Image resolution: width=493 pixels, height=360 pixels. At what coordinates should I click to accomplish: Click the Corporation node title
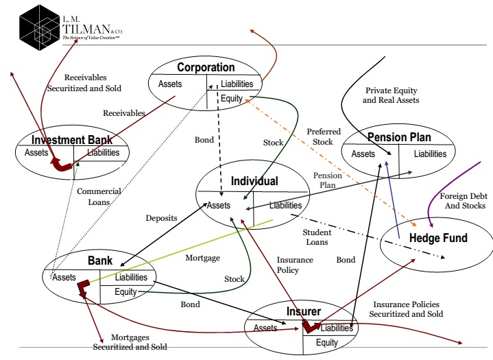pyautogui.click(x=206, y=67)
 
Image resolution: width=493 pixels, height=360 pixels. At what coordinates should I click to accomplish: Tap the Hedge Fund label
pyautogui.click(x=438, y=238)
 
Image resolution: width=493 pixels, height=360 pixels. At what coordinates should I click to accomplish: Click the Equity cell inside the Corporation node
pyautogui.click(x=231, y=98)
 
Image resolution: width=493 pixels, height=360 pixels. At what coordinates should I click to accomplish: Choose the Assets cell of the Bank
pyautogui.click(x=63, y=277)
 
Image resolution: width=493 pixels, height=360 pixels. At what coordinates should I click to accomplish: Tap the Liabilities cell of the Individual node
pyautogui.click(x=285, y=205)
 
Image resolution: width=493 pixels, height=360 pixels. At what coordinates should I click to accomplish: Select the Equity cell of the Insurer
pyautogui.click(x=326, y=342)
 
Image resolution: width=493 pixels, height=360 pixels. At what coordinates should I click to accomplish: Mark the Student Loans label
pyautogui.click(x=316, y=237)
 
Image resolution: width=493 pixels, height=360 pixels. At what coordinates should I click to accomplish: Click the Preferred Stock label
pyautogui.click(x=319, y=136)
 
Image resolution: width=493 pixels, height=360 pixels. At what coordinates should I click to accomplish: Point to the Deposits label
pyautogui.click(x=161, y=218)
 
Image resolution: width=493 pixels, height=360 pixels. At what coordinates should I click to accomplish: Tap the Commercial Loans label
pyautogui.click(x=99, y=196)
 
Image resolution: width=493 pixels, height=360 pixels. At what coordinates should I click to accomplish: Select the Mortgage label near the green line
pyautogui.click(x=202, y=259)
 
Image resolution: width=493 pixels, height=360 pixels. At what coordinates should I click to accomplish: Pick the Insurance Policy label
pyautogui.click(x=295, y=265)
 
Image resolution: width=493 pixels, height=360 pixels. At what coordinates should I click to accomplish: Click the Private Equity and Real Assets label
pyautogui.click(x=392, y=95)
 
